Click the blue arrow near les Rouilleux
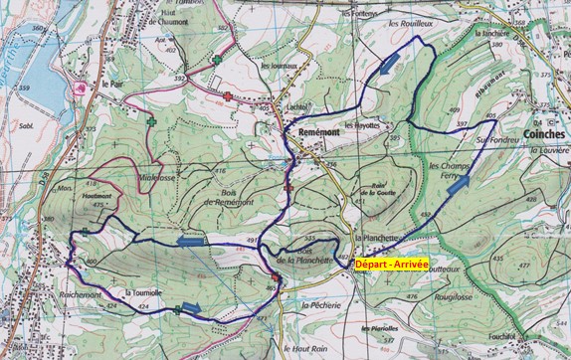[x=390, y=67]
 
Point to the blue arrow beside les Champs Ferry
[x=459, y=182]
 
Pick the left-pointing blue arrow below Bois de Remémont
[x=188, y=240]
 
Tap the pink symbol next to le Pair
[x=80, y=88]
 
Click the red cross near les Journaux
[x=229, y=96]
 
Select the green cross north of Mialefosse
[x=151, y=122]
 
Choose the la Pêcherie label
[x=323, y=304]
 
